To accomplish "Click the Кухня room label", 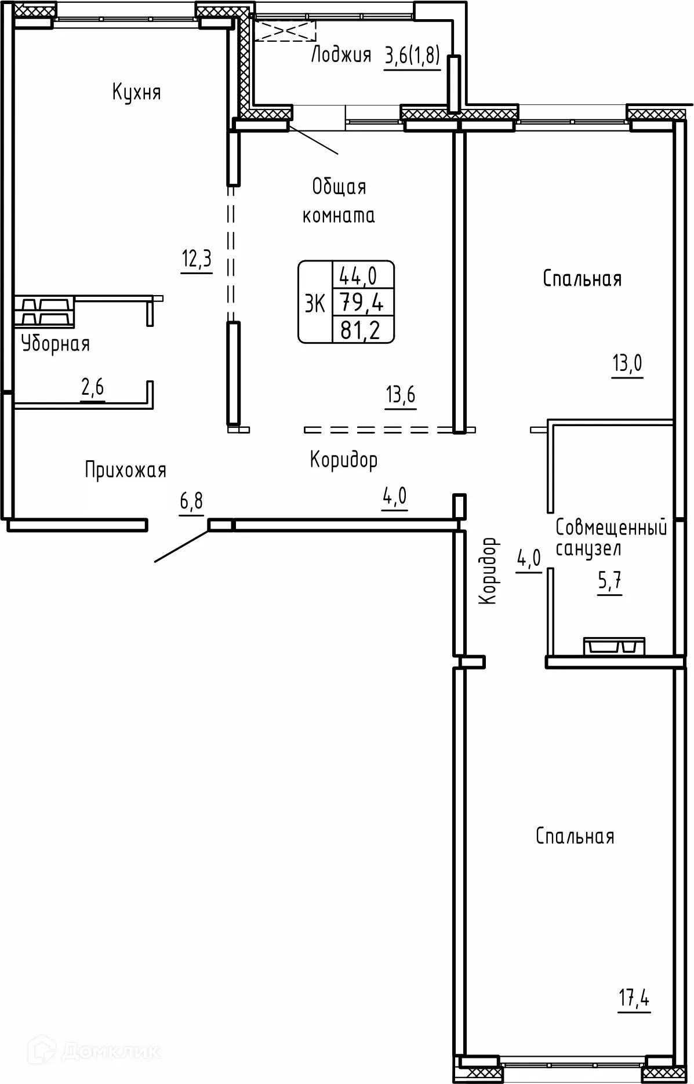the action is (136, 92).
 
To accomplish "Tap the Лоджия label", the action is (341, 55).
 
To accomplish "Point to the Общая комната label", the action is (339, 201).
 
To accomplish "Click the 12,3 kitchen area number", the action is (197, 259).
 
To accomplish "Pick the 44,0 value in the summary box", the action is (358, 276).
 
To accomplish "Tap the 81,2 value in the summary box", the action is (360, 330).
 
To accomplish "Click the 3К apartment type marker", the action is (315, 303).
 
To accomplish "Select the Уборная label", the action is (56, 344).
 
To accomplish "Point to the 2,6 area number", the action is (93, 387).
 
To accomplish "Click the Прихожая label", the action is (125, 470).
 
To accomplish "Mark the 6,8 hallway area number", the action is (191, 500).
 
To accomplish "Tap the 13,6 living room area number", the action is (401, 395).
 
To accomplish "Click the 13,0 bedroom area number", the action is (627, 364).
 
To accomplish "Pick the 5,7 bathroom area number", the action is (610, 581).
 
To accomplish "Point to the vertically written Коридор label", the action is (488, 570).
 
